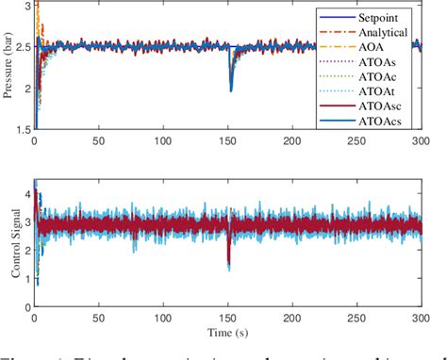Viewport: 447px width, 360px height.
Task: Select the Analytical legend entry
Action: (x=384, y=31)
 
